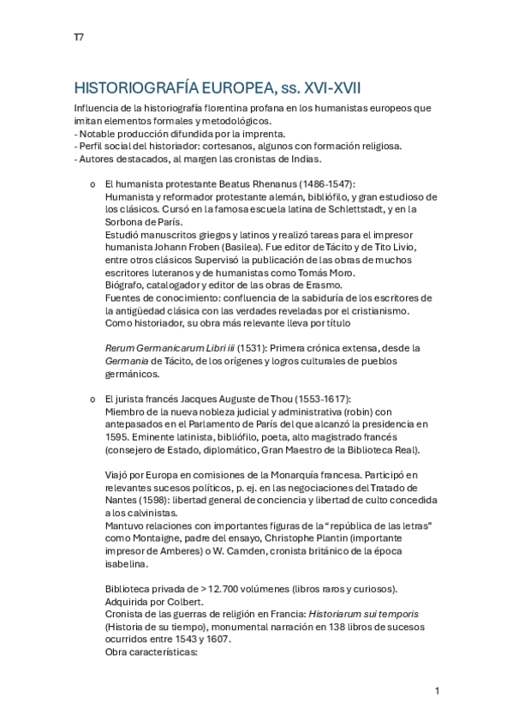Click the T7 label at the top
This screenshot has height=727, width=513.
(78, 38)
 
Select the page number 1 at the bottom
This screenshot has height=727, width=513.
(437, 691)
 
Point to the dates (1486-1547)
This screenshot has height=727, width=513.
(323, 184)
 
